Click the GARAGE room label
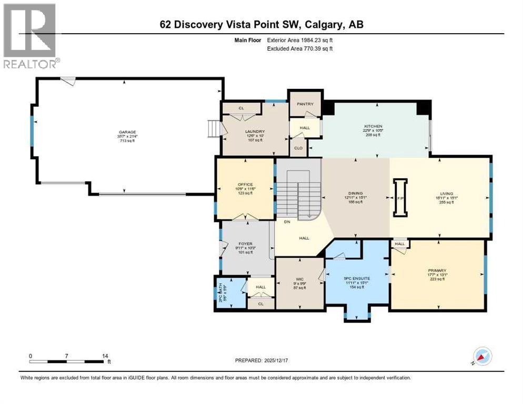[127, 132]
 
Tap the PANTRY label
[305, 104]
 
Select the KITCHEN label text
[373, 127]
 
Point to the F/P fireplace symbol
[400, 198]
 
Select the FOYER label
[246, 244]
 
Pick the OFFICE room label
[245, 184]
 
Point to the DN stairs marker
[287, 223]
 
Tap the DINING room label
[355, 194]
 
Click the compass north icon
[482, 356]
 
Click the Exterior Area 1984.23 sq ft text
[300, 40]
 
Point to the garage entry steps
[213, 128]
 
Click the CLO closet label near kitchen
[298, 148]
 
